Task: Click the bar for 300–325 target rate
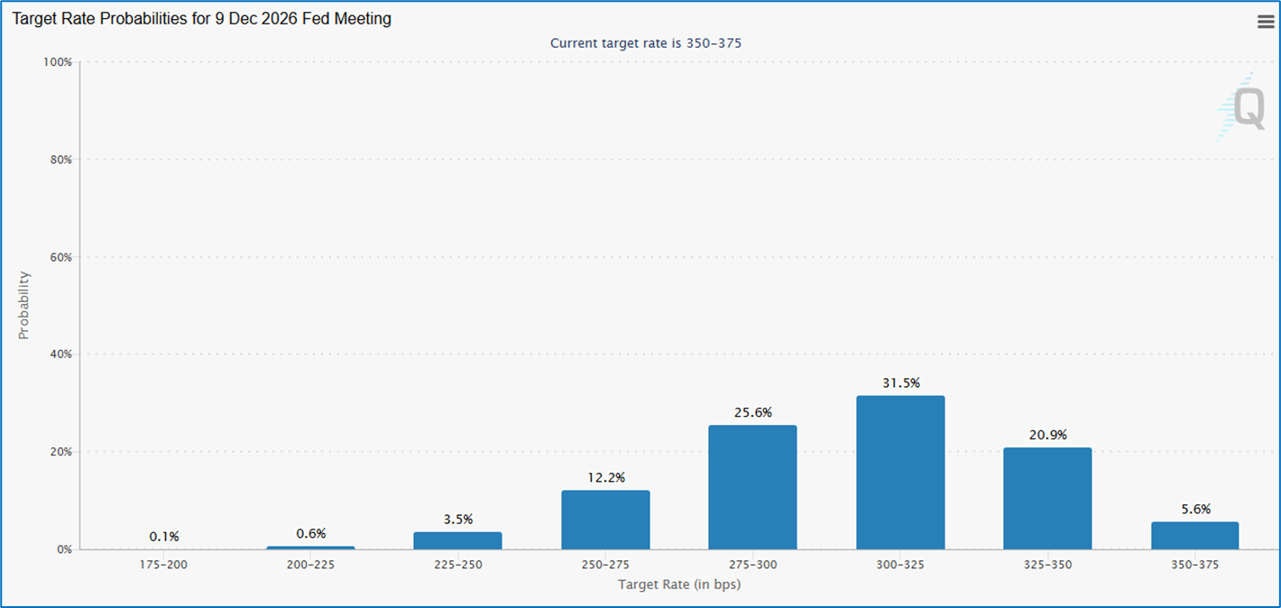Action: coord(900,472)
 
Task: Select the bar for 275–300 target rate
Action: coord(752,487)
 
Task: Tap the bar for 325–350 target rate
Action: coord(1047,498)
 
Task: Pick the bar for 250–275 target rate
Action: coord(605,520)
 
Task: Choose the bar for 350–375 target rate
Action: coord(1194,535)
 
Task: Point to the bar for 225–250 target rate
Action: coord(457,540)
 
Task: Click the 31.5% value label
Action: coord(900,383)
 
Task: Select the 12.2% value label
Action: coord(605,477)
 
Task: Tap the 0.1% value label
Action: coord(163,537)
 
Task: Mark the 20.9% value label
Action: coord(1047,435)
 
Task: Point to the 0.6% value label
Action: coord(310,534)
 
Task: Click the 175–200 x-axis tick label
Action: coord(163,566)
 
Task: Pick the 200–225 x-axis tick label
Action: coord(310,566)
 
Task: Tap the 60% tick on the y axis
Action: coord(60,257)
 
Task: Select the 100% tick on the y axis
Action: coord(58,62)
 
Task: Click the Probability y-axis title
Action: coord(24,305)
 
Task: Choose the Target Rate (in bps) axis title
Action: coord(679,585)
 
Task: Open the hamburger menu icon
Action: coord(1266,23)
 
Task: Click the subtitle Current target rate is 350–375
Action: coord(645,42)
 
